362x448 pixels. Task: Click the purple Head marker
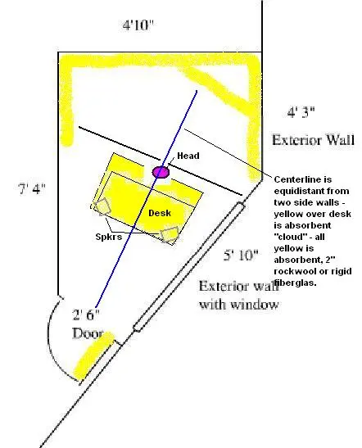pyautogui.click(x=161, y=172)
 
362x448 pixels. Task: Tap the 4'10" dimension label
pyautogui.click(x=138, y=25)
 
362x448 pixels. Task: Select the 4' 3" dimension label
pyautogui.click(x=301, y=112)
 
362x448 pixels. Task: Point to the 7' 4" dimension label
pyautogui.click(x=32, y=188)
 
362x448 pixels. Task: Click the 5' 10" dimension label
pyautogui.click(x=241, y=255)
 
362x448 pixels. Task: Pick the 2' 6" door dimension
pyautogui.click(x=86, y=315)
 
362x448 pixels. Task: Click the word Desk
pyautogui.click(x=160, y=213)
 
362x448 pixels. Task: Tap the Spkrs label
pyautogui.click(x=109, y=237)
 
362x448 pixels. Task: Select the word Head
pyautogui.click(x=188, y=156)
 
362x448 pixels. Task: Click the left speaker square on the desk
pyautogui.click(x=102, y=206)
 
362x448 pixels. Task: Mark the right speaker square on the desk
pyautogui.click(x=170, y=234)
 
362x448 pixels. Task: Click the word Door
pyautogui.click(x=88, y=333)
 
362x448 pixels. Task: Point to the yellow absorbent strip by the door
pyautogui.click(x=93, y=355)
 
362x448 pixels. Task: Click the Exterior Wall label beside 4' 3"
pyautogui.click(x=313, y=140)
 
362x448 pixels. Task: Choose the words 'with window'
pyautogui.click(x=239, y=305)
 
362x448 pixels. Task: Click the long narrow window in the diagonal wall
pyautogui.click(x=189, y=267)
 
